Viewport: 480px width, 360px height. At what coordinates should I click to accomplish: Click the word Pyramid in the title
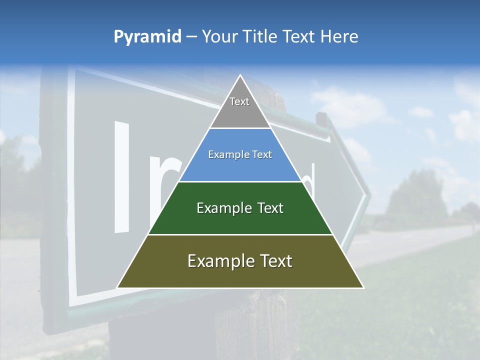(147, 37)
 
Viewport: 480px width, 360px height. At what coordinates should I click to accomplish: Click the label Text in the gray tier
(239, 101)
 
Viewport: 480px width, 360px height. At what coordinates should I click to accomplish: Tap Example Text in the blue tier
(240, 154)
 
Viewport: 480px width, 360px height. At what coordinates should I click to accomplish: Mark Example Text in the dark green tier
(240, 208)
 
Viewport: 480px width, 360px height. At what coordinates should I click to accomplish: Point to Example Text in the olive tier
(240, 261)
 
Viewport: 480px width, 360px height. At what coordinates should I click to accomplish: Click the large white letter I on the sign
(122, 177)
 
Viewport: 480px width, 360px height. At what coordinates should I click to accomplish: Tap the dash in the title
(191, 37)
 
